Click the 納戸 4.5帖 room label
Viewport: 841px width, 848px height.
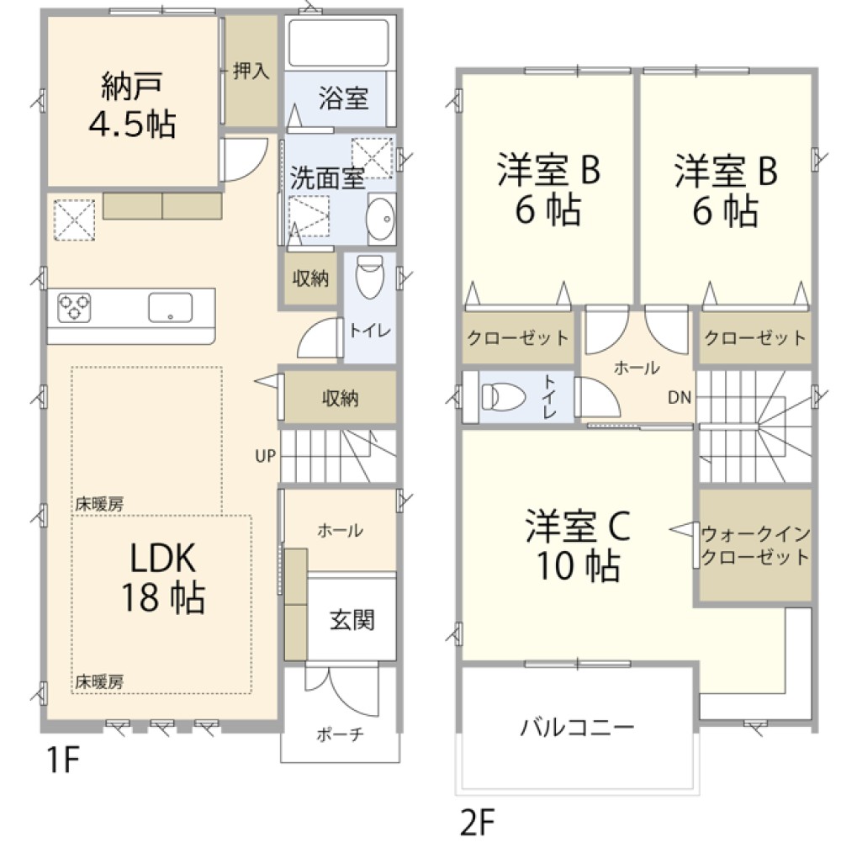(x=132, y=104)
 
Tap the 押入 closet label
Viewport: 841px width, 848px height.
(x=251, y=70)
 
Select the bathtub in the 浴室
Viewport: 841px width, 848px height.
(x=336, y=44)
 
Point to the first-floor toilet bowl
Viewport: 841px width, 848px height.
(x=368, y=277)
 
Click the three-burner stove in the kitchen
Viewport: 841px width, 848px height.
(x=75, y=306)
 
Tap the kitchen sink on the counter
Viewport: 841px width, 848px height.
(x=171, y=306)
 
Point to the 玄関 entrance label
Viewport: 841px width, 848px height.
(x=352, y=621)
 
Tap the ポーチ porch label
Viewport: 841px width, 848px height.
(x=340, y=734)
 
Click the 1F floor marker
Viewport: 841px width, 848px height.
(x=61, y=762)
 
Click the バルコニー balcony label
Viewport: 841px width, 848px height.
(x=576, y=725)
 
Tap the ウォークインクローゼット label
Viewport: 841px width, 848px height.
(x=754, y=544)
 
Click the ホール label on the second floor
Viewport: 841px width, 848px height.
(x=637, y=367)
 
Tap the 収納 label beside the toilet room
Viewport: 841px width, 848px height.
(x=309, y=279)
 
